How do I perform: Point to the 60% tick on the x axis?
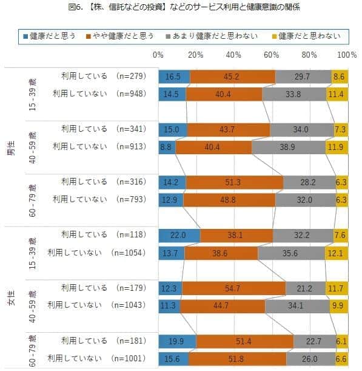272,55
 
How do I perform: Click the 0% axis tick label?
159,55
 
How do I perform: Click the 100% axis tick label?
346,55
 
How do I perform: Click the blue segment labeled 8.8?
167,146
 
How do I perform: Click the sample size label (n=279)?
129,76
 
